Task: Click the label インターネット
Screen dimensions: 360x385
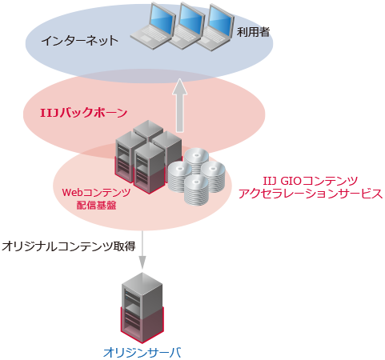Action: click(80, 39)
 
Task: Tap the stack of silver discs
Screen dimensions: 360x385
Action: click(195, 174)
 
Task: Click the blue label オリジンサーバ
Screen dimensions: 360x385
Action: click(142, 351)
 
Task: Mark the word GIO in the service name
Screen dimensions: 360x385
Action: click(291, 180)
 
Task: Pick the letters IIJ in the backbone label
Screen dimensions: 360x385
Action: click(50, 112)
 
